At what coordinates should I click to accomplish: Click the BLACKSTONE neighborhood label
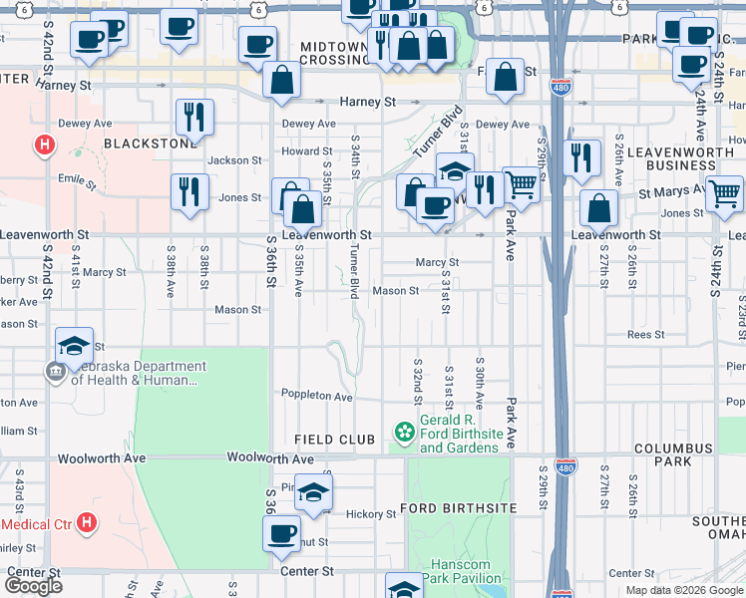[x=150, y=143]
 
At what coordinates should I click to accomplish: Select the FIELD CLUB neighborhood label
[x=335, y=440]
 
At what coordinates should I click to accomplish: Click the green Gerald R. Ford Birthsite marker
[x=405, y=433]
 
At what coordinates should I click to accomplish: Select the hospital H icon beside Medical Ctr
[x=88, y=521]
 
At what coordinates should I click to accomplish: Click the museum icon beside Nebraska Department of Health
[x=54, y=373]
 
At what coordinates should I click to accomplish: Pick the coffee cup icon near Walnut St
[x=282, y=531]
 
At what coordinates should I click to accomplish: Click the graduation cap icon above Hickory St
[x=313, y=490]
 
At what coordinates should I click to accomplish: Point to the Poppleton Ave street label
[x=317, y=396]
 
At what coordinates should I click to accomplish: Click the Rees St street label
[x=645, y=335]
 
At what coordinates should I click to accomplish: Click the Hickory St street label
[x=371, y=514]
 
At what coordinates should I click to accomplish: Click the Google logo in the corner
[x=33, y=586]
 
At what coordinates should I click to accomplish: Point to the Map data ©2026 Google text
[x=683, y=590]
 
